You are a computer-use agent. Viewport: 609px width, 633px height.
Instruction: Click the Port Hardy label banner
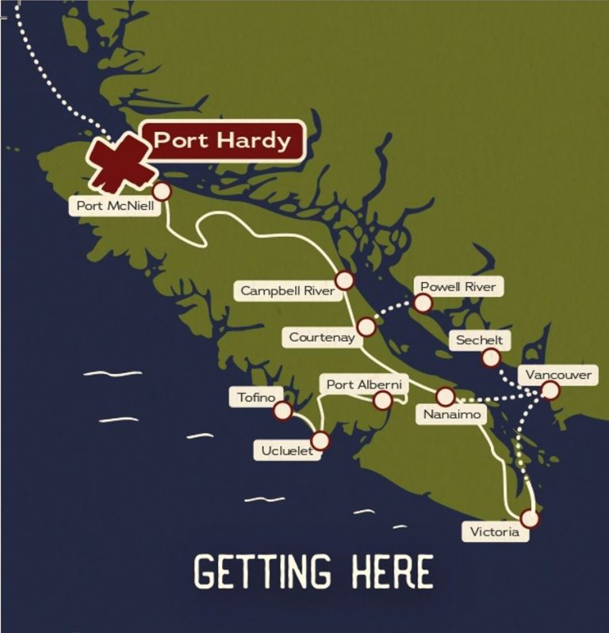pos(222,141)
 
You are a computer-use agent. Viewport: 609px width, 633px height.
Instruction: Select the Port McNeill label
pos(113,206)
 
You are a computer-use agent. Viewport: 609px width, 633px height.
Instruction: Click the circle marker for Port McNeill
pos(162,191)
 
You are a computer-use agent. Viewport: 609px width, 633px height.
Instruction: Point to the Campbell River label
pos(287,291)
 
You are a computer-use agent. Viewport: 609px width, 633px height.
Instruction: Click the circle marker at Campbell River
pos(344,280)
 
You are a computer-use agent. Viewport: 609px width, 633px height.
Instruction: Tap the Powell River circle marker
pos(423,303)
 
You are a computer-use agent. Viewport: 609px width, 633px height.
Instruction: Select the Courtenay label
pos(320,337)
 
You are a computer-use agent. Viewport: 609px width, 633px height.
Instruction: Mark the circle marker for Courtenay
pos(366,327)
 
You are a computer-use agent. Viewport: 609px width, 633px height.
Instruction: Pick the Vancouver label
pos(557,374)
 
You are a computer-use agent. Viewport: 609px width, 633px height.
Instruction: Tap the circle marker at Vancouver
pos(550,390)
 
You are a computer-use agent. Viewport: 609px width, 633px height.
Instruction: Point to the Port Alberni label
pos(365,384)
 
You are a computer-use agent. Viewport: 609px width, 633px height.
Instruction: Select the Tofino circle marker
pos(282,410)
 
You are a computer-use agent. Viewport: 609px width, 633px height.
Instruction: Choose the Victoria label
pos(495,532)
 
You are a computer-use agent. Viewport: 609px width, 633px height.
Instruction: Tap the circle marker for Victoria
pos(530,518)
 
